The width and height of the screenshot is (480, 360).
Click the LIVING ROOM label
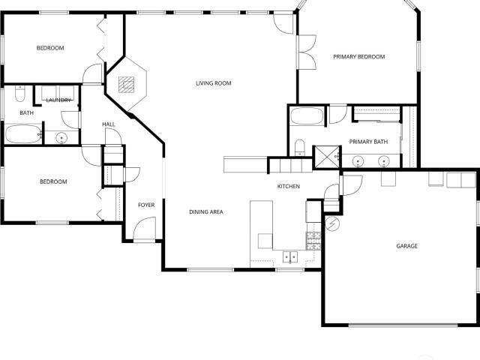[x=213, y=83]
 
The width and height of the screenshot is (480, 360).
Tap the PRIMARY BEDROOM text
[x=358, y=57]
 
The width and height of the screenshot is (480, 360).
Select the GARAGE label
[x=406, y=246]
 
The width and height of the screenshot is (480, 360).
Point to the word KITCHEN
[x=288, y=186]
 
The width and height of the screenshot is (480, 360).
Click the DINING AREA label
[x=206, y=211]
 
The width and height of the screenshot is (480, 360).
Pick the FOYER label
[x=146, y=205]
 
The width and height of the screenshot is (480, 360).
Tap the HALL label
[x=109, y=124]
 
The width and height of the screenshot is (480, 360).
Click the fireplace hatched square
[x=127, y=85]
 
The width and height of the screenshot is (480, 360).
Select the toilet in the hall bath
[x=20, y=94]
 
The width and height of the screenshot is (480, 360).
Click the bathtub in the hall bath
[x=23, y=133]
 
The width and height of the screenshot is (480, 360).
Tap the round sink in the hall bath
[x=61, y=138]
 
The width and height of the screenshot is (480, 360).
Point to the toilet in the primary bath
[x=300, y=148]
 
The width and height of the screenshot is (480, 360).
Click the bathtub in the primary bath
[x=307, y=116]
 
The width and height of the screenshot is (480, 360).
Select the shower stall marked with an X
[x=327, y=157]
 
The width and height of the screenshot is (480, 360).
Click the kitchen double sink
[x=290, y=257]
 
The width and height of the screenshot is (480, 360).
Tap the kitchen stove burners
[x=313, y=241]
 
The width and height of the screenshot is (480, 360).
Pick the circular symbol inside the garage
[x=332, y=223]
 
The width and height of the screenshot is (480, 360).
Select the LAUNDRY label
[x=58, y=100]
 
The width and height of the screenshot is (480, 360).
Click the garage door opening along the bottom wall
[x=403, y=325]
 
